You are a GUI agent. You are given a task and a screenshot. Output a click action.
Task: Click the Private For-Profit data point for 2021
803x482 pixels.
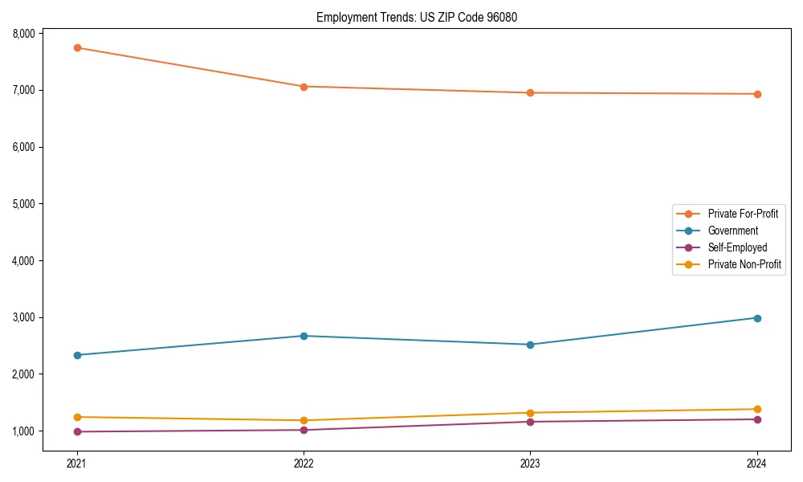pyautogui.click(x=77, y=47)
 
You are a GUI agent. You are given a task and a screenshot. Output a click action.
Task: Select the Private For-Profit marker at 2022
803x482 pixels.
pyautogui.click(x=304, y=86)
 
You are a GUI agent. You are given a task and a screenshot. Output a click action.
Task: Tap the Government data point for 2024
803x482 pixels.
pyautogui.click(x=757, y=318)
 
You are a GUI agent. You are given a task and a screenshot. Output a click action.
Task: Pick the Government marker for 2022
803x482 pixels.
pyautogui.click(x=304, y=336)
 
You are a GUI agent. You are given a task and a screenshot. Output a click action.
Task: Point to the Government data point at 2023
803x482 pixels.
pyautogui.click(x=530, y=345)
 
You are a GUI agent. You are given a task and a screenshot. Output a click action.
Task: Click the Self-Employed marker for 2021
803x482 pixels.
pyautogui.click(x=77, y=431)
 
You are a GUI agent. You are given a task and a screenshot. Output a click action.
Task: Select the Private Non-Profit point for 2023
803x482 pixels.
pyautogui.click(x=530, y=413)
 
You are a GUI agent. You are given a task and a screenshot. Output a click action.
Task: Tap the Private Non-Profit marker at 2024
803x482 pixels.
pyautogui.click(x=757, y=409)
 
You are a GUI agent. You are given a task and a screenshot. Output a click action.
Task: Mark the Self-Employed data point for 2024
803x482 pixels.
pyautogui.click(x=757, y=419)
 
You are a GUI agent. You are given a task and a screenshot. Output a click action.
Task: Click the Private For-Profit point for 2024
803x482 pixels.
pyautogui.click(x=757, y=94)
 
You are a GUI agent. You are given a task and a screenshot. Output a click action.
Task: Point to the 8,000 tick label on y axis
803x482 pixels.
pyautogui.click(x=24, y=34)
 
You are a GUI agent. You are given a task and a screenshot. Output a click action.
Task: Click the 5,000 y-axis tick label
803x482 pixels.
pyautogui.click(x=24, y=204)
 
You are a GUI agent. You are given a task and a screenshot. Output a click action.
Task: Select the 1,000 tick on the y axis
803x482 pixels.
pyautogui.click(x=24, y=431)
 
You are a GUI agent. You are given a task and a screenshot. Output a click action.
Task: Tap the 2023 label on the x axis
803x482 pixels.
pyautogui.click(x=530, y=464)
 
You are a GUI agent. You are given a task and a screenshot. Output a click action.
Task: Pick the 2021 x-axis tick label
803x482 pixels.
pyautogui.click(x=77, y=464)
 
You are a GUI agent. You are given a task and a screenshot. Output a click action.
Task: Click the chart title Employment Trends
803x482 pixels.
pyautogui.click(x=411, y=17)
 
